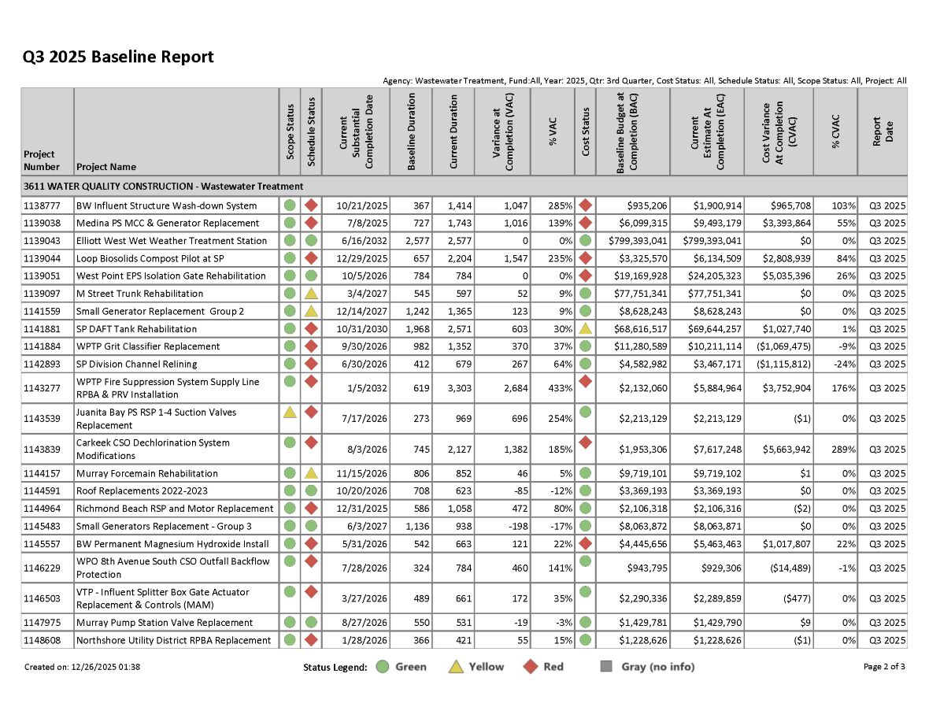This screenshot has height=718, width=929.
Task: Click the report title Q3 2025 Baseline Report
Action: [x=118, y=57]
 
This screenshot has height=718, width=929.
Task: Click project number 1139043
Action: [x=46, y=241]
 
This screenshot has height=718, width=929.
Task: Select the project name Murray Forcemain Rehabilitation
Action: [x=147, y=474]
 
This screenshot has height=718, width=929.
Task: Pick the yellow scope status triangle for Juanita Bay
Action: [x=290, y=412]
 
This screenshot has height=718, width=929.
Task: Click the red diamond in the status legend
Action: [x=532, y=667]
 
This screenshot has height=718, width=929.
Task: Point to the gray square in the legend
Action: [x=606, y=667]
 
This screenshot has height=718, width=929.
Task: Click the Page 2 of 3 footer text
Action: [x=883, y=667]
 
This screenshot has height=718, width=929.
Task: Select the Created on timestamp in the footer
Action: [x=83, y=667]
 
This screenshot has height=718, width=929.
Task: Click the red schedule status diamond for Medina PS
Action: [x=311, y=223]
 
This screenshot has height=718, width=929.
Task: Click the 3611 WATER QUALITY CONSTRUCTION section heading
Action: [x=164, y=187]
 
